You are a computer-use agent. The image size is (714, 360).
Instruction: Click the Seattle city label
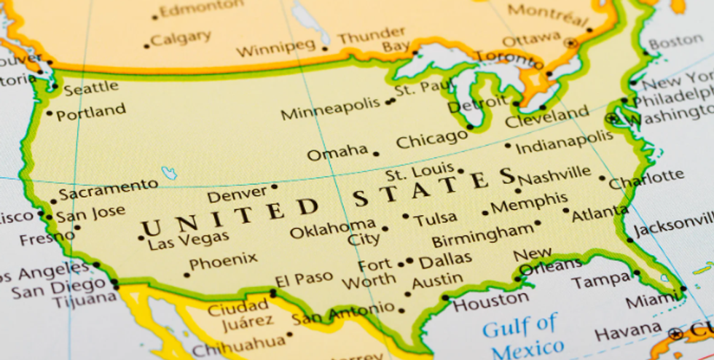coord(91,88)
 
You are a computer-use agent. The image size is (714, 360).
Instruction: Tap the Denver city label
coord(238,195)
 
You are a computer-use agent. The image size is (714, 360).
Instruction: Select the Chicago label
coord(431,138)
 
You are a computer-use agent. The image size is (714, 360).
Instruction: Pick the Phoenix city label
coord(223,260)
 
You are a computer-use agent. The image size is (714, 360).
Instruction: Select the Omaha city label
coord(337,152)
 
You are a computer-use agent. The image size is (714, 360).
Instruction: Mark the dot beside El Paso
coord(273,293)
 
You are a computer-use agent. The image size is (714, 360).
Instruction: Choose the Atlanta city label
coord(600,214)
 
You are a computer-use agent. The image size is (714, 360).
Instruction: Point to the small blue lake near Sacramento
coord(169,173)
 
